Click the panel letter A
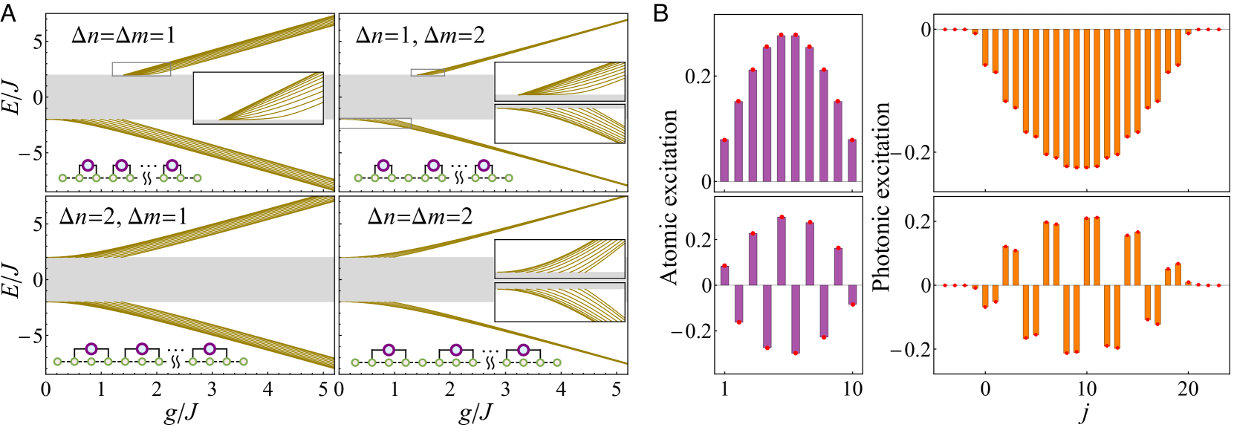9,14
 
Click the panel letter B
660,14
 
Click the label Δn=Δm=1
123,35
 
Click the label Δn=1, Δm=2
420,35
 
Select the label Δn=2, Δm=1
123,216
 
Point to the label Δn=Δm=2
420,216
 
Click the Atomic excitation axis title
669,197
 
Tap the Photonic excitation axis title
881,197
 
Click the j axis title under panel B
1085,413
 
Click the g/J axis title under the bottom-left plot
182,413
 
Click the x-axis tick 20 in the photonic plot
1187,389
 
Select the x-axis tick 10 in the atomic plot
852,389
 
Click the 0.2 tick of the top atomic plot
698,76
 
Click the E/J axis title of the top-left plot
13,97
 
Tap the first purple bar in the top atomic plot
724,160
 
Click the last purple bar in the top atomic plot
851,160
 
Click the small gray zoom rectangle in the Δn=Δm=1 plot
141,69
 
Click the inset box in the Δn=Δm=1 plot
258,97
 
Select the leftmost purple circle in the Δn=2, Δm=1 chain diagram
91,348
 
